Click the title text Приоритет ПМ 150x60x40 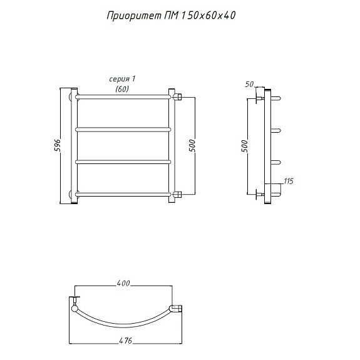[x=171, y=16]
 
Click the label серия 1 [x=122, y=79]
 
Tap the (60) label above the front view [x=122, y=89]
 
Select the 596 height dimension [x=58, y=145]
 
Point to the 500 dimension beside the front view [x=192, y=145]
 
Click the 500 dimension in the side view [x=245, y=146]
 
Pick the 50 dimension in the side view [x=249, y=85]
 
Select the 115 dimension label [x=289, y=181]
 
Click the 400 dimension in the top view [x=123, y=284]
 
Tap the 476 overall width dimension [x=125, y=341]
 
